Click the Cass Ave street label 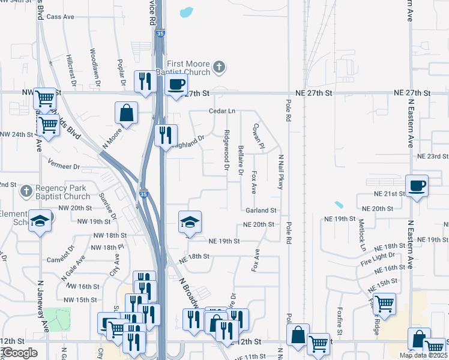(60, 17)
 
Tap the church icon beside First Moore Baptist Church (220, 67)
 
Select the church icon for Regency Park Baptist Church (25, 191)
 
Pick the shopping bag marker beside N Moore (127, 112)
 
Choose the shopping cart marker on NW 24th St (48, 125)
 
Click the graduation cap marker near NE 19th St (190, 223)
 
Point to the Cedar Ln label (222, 111)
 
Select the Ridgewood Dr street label (227, 149)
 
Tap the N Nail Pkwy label (280, 172)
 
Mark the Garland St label (261, 211)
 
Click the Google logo (20, 353)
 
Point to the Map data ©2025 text (424, 355)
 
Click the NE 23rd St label (433, 156)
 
